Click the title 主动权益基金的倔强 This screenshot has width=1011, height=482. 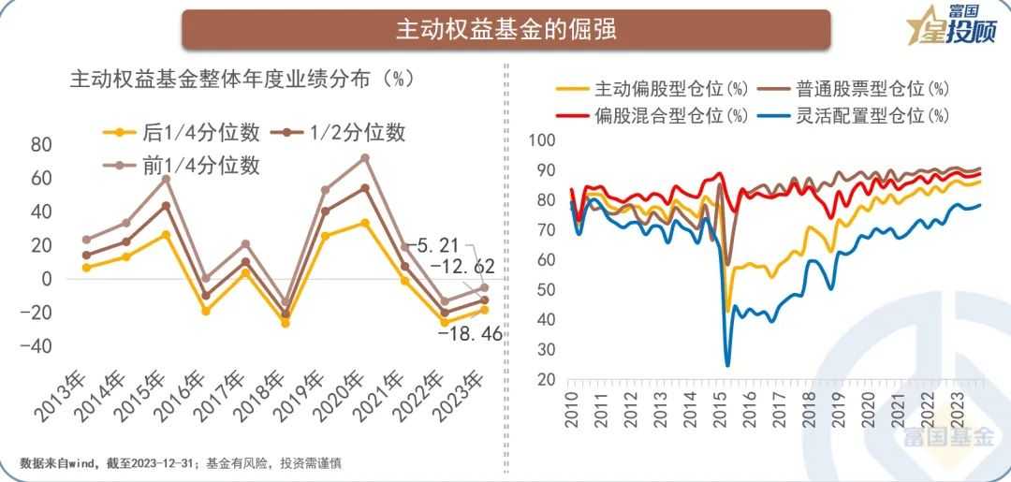pyautogui.click(x=505, y=29)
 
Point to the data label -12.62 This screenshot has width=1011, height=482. pyautogui.click(x=462, y=268)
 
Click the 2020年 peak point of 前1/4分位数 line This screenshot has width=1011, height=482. pyautogui.click(x=365, y=157)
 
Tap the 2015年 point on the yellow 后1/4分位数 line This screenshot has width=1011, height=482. pyautogui.click(x=166, y=234)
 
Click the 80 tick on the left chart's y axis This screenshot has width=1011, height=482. pyautogui.click(x=40, y=144)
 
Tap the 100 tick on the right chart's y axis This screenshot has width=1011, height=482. pyautogui.click(x=543, y=140)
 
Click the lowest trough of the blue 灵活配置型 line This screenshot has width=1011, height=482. pyautogui.click(x=727, y=364)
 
